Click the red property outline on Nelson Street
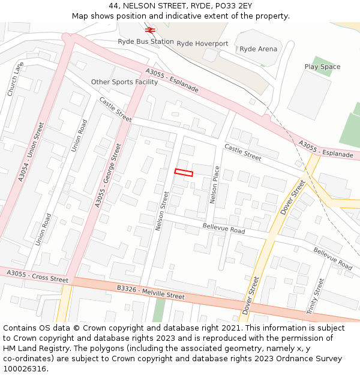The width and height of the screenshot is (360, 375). pyautogui.click(x=184, y=173)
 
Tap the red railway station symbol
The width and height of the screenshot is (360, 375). pyautogui.click(x=150, y=29)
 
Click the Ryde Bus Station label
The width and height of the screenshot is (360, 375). pyautogui.click(x=146, y=42)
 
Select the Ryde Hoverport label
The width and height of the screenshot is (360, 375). pyautogui.click(x=203, y=44)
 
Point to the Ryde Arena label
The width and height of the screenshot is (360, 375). pyautogui.click(x=258, y=49)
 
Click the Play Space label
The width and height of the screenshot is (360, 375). pyautogui.click(x=322, y=67)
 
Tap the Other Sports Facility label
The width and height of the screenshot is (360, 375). pyautogui.click(x=124, y=82)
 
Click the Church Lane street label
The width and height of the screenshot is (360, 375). pyautogui.click(x=16, y=79)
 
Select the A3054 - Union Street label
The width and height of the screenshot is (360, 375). pyautogui.click(x=31, y=152)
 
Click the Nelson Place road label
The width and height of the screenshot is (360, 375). pyautogui.click(x=214, y=184)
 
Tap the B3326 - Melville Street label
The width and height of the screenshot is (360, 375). pyautogui.click(x=151, y=292)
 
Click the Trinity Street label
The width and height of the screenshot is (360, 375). pyautogui.click(x=315, y=296)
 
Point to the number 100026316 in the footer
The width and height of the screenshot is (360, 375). pyautogui.click(x=25, y=368)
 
